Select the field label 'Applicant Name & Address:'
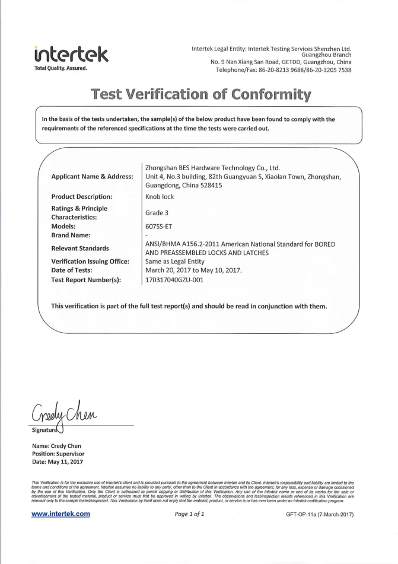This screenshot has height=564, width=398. click(x=92, y=177)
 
